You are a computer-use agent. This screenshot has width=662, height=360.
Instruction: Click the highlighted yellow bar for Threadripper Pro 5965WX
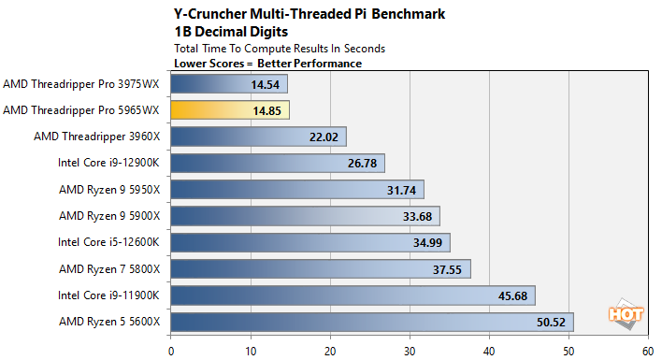pyautogui.click(x=229, y=110)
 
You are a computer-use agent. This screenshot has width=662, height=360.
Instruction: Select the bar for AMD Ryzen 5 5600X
pyautogui.click(x=371, y=323)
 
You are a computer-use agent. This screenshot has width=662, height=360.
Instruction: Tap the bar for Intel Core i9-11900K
pyautogui.click(x=353, y=296)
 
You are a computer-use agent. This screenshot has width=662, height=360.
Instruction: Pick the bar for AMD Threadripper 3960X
pyautogui.click(x=258, y=137)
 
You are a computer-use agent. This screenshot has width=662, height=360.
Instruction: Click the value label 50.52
pyautogui.click(x=552, y=323)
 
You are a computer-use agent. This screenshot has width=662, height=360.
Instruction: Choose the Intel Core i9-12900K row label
pyautogui.click(x=108, y=164)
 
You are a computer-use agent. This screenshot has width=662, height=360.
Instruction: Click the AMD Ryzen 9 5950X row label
pyautogui.click(x=109, y=190)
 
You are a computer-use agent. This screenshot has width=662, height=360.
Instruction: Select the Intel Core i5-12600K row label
pyautogui.click(x=108, y=243)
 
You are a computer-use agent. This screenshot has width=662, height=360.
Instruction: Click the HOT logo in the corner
pyautogui.click(x=626, y=316)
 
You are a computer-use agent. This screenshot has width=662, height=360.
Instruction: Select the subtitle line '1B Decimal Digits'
pyautogui.click(x=225, y=31)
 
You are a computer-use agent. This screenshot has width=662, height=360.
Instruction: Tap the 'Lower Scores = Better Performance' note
pyautogui.click(x=267, y=63)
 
